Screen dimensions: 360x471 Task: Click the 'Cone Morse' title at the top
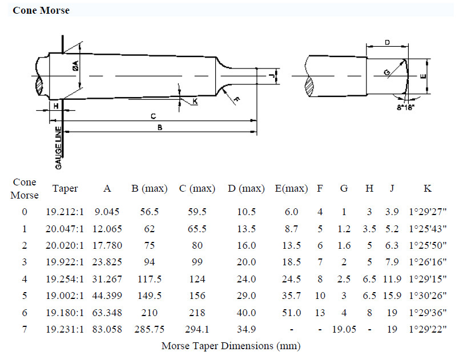coord(41,10)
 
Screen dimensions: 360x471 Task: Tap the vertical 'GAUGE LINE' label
coord(59,147)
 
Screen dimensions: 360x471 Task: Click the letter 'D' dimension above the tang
coord(387,42)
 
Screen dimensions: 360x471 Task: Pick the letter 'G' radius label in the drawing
coord(387,72)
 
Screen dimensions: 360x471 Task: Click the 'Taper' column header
coord(65,188)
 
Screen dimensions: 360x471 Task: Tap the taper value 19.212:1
coord(65,212)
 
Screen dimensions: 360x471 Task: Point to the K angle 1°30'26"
coord(428,296)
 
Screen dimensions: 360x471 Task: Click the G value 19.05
coord(343,329)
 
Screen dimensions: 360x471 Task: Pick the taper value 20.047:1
coord(65,229)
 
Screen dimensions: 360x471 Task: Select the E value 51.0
coord(291,313)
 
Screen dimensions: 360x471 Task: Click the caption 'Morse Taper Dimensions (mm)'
coord(231,346)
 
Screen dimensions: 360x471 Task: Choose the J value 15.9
coord(392,296)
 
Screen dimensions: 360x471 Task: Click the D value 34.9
coord(246,329)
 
